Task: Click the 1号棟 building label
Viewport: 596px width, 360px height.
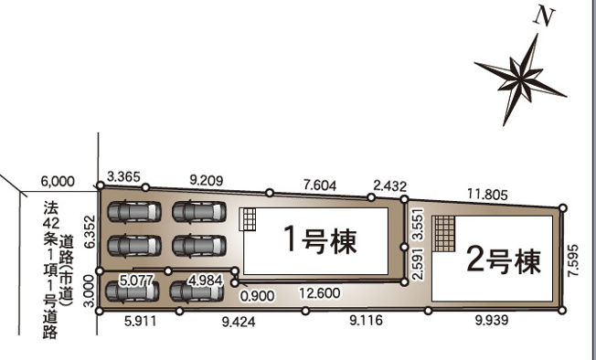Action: pos(321,240)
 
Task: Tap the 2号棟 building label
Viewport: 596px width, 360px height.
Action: pos(504,261)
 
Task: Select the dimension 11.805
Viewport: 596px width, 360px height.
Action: pos(487,195)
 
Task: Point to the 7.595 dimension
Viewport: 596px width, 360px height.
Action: pos(573,260)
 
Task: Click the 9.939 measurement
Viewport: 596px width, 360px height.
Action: pos(492,320)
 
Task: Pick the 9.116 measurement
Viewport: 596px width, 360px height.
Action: pos(366,320)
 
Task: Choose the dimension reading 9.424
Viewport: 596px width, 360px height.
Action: pos(239,322)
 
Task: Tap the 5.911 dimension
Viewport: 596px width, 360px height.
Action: pos(140,322)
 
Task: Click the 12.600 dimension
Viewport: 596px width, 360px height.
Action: pos(320,293)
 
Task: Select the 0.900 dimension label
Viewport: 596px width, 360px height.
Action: pos(258,296)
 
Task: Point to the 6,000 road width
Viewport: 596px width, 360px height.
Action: pos(58,182)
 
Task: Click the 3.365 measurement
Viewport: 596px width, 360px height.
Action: pos(123,176)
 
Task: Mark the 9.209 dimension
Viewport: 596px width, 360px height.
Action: pos(206,180)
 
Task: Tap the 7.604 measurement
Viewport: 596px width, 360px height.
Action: pos(320,185)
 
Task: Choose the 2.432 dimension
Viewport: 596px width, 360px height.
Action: pos(390,186)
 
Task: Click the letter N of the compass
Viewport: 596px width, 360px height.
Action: pos(544,18)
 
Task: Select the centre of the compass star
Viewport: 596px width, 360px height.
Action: pos(519,80)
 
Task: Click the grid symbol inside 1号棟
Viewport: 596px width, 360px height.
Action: pos(248,219)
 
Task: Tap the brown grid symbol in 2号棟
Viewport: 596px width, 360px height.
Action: pos(443,234)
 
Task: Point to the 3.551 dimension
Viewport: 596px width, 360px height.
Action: pos(418,225)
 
